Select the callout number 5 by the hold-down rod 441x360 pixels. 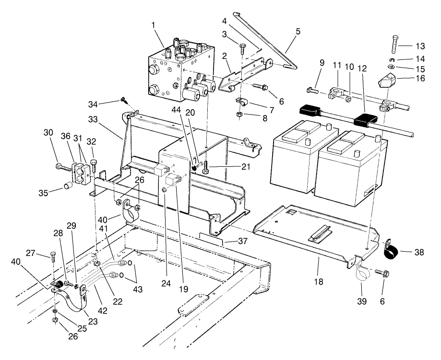pyautogui.click(x=298, y=32)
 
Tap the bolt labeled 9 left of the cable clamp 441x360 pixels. pyautogui.click(x=310, y=89)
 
